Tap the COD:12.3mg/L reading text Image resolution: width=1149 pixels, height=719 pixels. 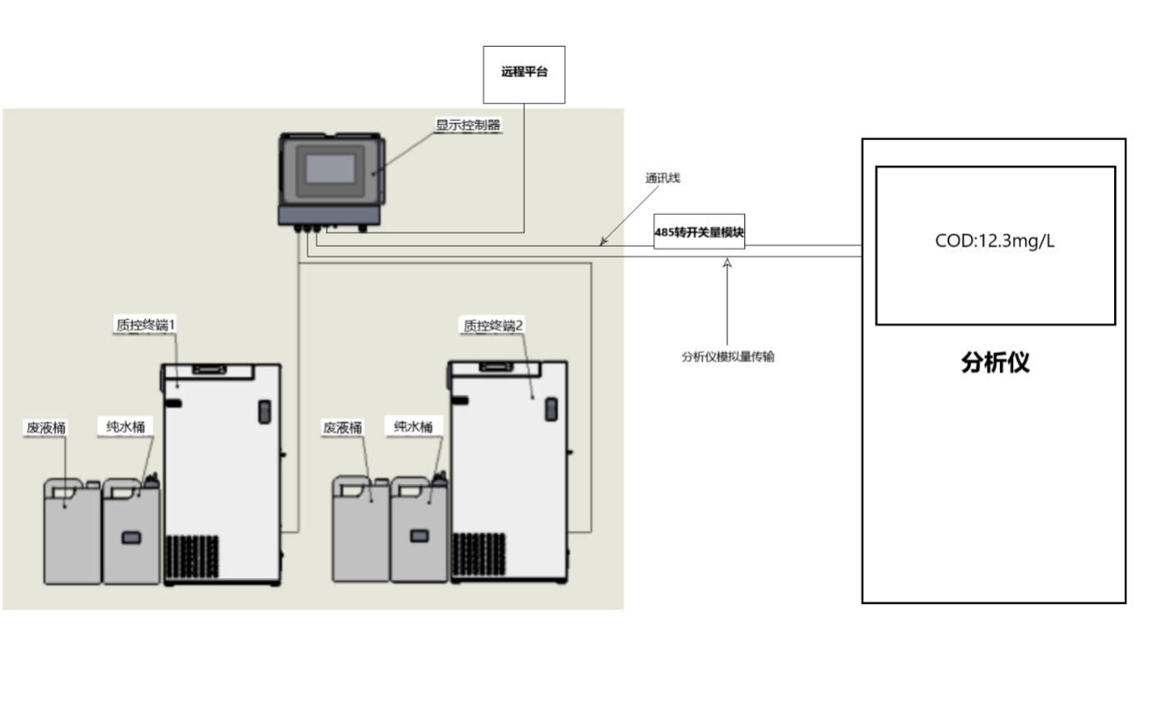pos(995,241)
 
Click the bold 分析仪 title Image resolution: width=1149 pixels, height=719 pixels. pos(995,362)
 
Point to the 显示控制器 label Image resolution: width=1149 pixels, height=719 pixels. pos(467,125)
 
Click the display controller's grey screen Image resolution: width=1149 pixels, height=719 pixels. pos(330,169)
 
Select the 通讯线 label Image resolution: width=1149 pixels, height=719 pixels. pos(662,178)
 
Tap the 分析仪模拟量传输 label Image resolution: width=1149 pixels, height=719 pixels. pos(727,357)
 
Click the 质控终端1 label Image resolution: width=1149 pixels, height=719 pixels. pos(145,325)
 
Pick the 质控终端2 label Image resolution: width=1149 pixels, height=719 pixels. pos(492,326)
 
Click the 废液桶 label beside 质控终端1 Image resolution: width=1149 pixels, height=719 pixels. pos(46,427)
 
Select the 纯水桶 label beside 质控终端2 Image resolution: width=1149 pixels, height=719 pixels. pos(413,427)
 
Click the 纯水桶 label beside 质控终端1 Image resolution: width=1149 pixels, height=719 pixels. pos(125,427)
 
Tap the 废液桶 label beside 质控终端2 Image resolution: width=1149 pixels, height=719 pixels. pos(342,427)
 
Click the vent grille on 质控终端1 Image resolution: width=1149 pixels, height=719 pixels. pos(192,557)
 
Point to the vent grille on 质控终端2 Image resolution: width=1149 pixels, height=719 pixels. pos(478,554)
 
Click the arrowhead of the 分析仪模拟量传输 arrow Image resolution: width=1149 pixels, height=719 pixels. pos(727,262)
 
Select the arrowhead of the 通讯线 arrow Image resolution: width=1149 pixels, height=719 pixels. pos(603,242)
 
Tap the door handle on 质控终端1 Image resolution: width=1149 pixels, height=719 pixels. pos(265,412)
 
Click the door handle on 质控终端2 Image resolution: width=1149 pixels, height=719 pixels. pos(552,409)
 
